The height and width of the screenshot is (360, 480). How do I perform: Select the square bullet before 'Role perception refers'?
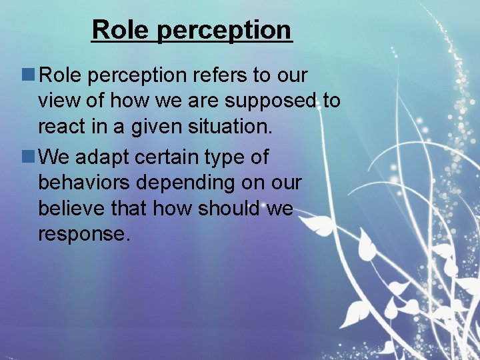point(30,75)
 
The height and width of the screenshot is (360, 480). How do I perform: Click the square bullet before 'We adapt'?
point(30,157)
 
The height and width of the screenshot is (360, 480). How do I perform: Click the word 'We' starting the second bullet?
point(54,157)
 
